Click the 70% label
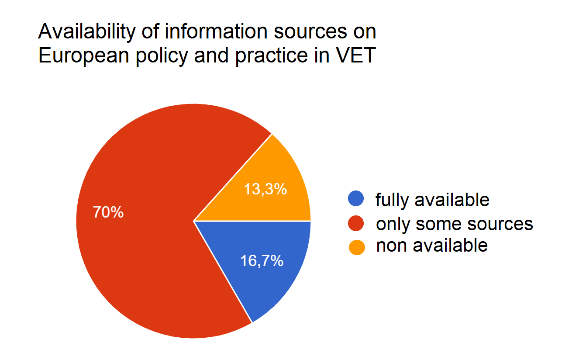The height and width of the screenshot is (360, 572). point(108,213)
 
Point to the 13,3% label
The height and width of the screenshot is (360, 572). point(264,189)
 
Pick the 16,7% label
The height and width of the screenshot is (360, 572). point(262,261)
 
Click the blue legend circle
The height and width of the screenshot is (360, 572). point(356,199)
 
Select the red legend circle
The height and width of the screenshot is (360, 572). point(356,224)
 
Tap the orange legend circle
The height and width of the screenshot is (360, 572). point(356,247)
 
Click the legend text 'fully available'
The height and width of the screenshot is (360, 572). point(432,200)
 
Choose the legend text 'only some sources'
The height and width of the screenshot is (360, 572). point(455,224)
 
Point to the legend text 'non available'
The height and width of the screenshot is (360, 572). point(432,246)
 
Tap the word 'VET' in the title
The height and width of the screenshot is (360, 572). point(358,56)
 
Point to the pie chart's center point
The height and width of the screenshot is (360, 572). point(193,221)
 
